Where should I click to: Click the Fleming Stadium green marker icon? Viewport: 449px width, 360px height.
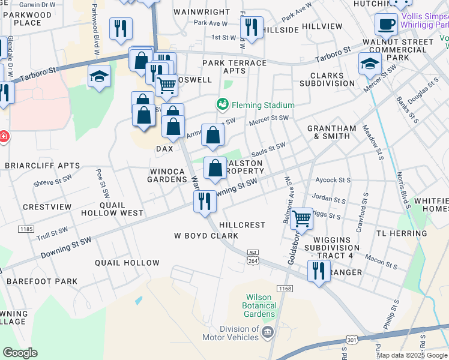tap(223, 104)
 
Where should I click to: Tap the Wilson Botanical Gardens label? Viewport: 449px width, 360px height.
tap(259, 305)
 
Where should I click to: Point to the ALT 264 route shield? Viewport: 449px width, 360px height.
tap(253, 256)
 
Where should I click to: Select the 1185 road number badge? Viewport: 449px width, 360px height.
tap(26, 229)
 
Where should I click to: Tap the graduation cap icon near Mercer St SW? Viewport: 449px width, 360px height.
tap(370, 63)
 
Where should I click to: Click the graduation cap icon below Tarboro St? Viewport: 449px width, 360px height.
tap(99, 76)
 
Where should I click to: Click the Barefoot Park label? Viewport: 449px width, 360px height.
tap(42, 281)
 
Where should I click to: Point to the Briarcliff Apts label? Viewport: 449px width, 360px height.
tap(42, 165)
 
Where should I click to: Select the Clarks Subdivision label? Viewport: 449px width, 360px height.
tap(332, 80)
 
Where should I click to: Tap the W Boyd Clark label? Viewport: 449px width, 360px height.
tap(206, 236)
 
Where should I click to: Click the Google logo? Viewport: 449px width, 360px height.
tap(20, 353)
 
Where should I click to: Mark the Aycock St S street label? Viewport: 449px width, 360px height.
tap(333, 180)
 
